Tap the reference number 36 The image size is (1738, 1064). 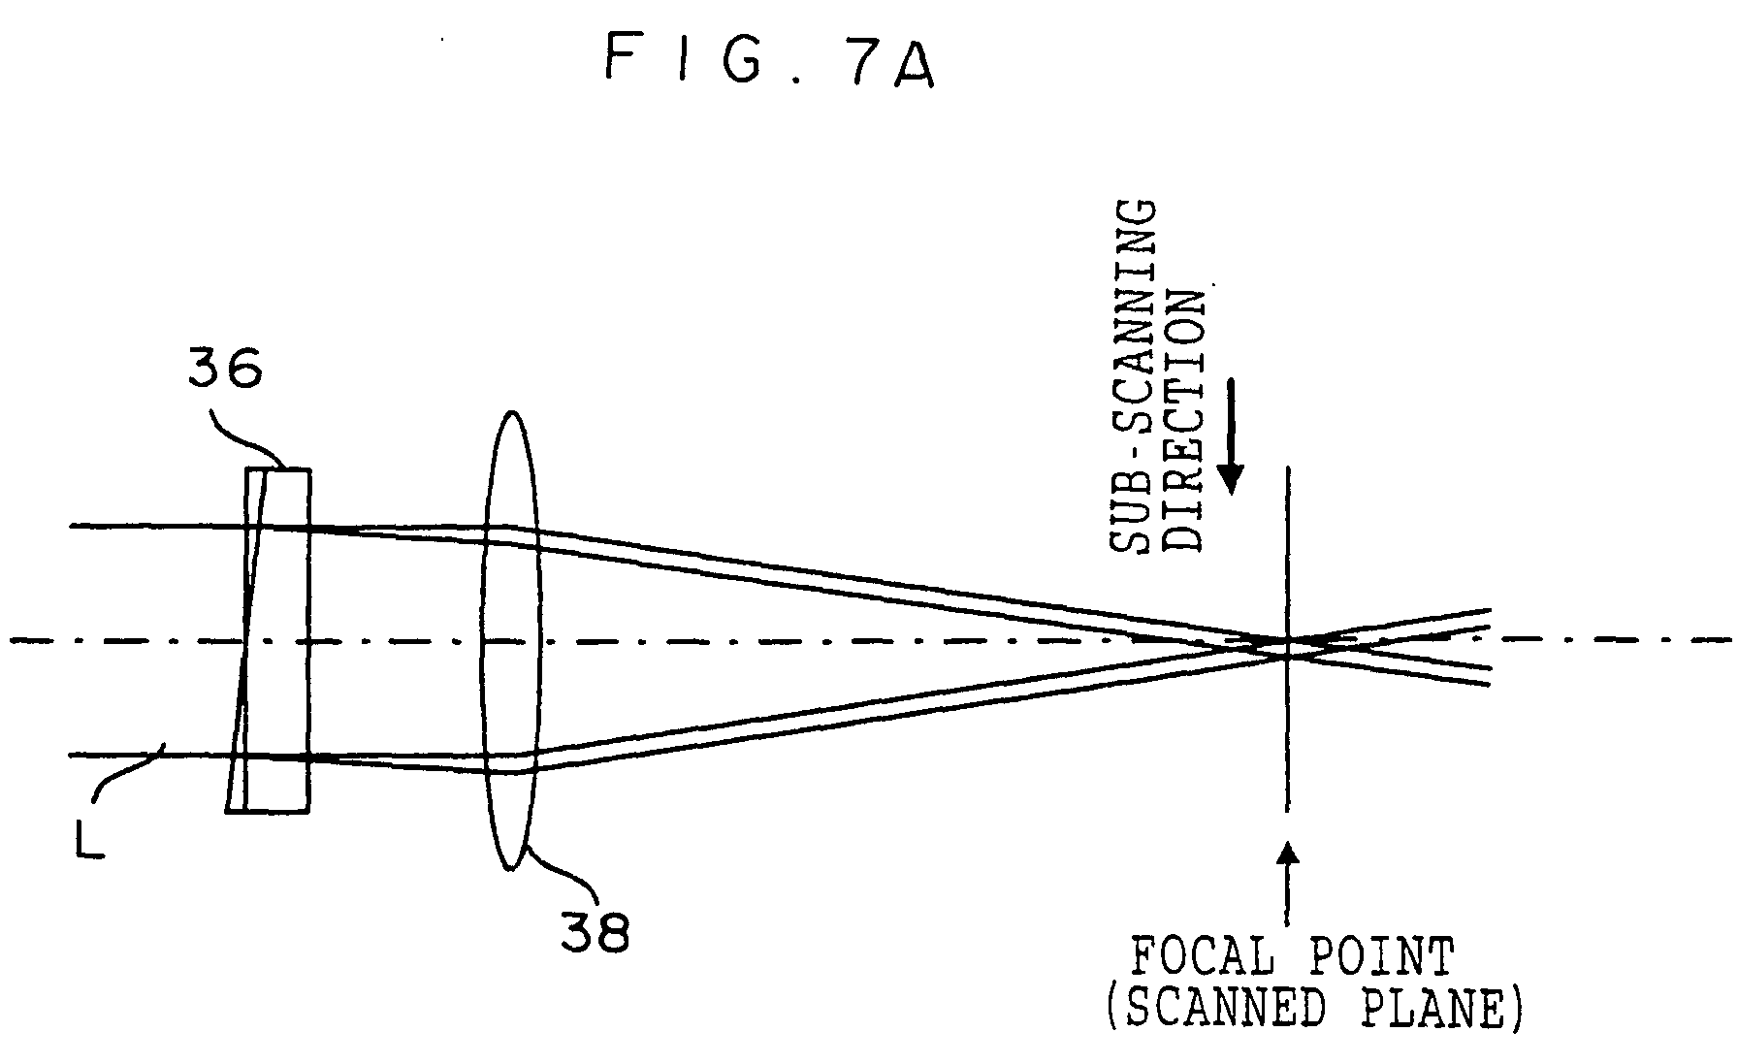coord(226,369)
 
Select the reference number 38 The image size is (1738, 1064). coord(595,933)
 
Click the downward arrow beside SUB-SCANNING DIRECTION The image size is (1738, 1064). coord(1231,436)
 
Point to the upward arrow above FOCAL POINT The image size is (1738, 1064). coord(1288,882)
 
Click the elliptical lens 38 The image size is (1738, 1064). coord(510,641)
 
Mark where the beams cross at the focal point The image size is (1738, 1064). coord(1288,646)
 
